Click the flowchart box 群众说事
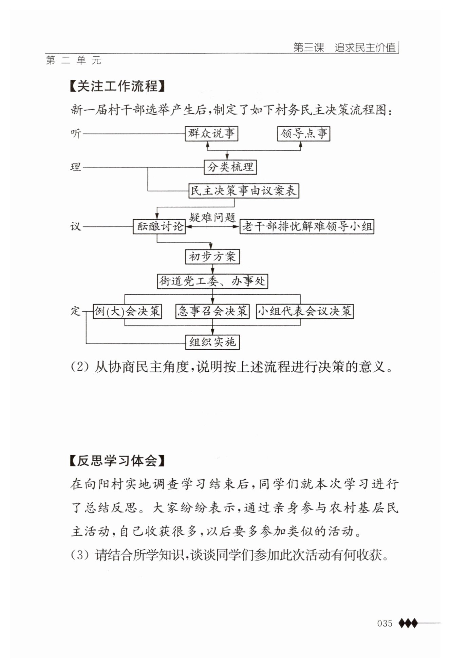(x=211, y=133)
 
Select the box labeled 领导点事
(x=304, y=133)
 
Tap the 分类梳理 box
(x=230, y=167)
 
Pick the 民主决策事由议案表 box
(x=244, y=191)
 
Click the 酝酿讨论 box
(x=159, y=226)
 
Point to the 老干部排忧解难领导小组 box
(x=307, y=226)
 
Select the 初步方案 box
(x=212, y=256)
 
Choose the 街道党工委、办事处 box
(x=212, y=281)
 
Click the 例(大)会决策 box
(x=127, y=311)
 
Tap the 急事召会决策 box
(x=212, y=311)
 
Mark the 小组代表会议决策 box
(x=304, y=311)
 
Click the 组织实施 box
(x=212, y=342)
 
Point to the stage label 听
(x=76, y=133)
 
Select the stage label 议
(x=76, y=226)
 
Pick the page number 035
(x=385, y=624)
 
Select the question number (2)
(x=79, y=367)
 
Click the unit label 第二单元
(x=74, y=60)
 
